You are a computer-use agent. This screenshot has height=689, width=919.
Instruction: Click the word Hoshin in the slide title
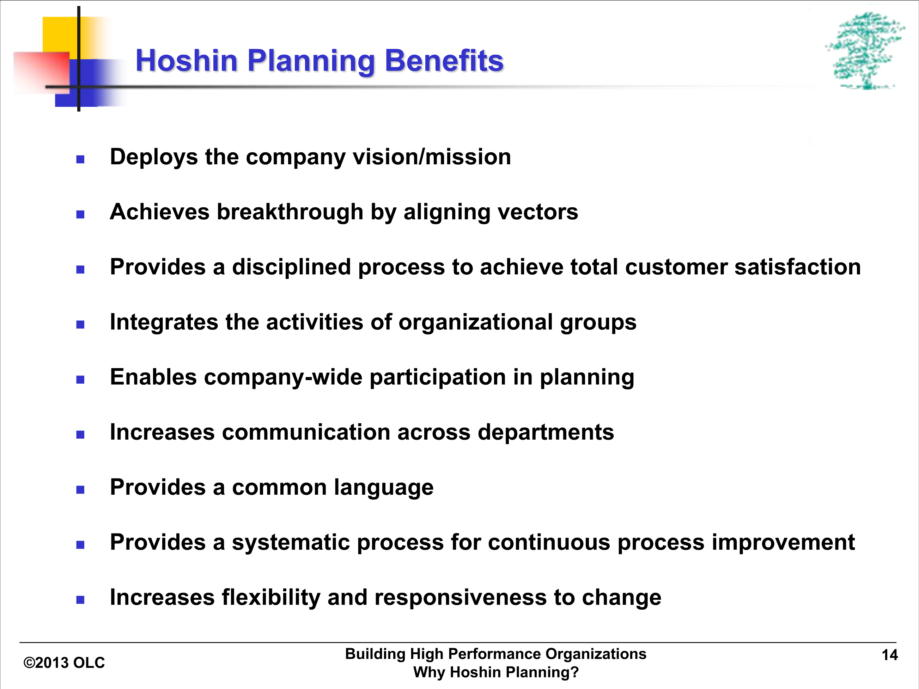(187, 61)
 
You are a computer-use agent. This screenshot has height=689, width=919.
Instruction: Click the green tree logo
(865, 51)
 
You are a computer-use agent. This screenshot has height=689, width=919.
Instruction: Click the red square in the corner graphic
(42, 71)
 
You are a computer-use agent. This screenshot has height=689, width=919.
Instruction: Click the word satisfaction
(797, 267)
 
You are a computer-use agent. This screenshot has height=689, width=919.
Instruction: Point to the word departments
(546, 432)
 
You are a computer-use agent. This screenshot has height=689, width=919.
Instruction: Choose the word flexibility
(271, 598)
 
